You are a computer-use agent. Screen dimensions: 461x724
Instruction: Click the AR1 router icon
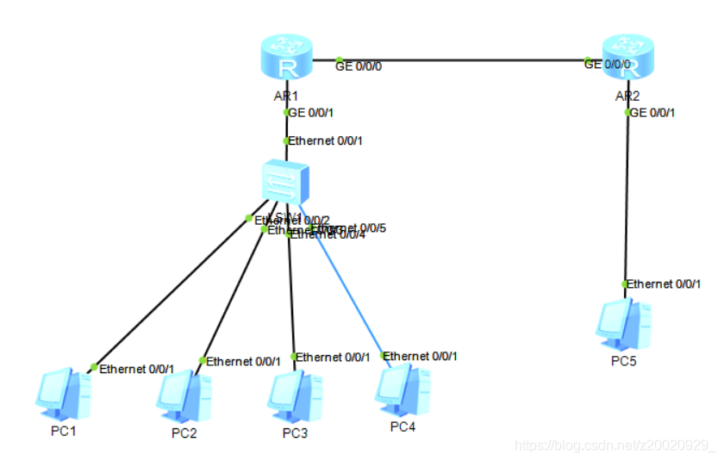285,60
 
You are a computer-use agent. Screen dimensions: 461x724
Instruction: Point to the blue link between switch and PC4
349,293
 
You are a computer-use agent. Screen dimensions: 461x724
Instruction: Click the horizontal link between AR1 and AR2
457,60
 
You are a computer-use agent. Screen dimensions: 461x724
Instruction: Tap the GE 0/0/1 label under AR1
311,112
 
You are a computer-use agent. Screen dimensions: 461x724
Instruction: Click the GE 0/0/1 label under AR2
653,112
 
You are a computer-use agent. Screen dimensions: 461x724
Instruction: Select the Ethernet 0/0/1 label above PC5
664,283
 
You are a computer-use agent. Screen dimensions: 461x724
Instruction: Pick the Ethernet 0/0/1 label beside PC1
137,369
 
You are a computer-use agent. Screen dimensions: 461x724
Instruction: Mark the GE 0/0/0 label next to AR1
358,65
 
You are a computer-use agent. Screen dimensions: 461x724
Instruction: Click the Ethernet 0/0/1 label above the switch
325,140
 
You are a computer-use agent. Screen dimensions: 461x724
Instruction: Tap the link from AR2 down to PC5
627,198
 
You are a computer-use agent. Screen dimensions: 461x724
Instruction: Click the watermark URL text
614,445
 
